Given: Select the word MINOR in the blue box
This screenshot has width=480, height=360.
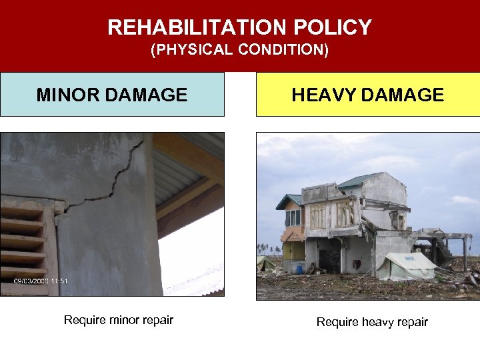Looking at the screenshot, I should coord(71,95).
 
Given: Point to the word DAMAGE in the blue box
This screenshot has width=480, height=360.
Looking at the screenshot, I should coord(148,95).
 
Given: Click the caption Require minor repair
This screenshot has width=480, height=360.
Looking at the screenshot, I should coord(118,320).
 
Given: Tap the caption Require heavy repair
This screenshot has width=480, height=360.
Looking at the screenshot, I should coord(372,322).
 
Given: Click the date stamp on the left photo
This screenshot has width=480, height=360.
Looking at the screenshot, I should coord(41,281).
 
